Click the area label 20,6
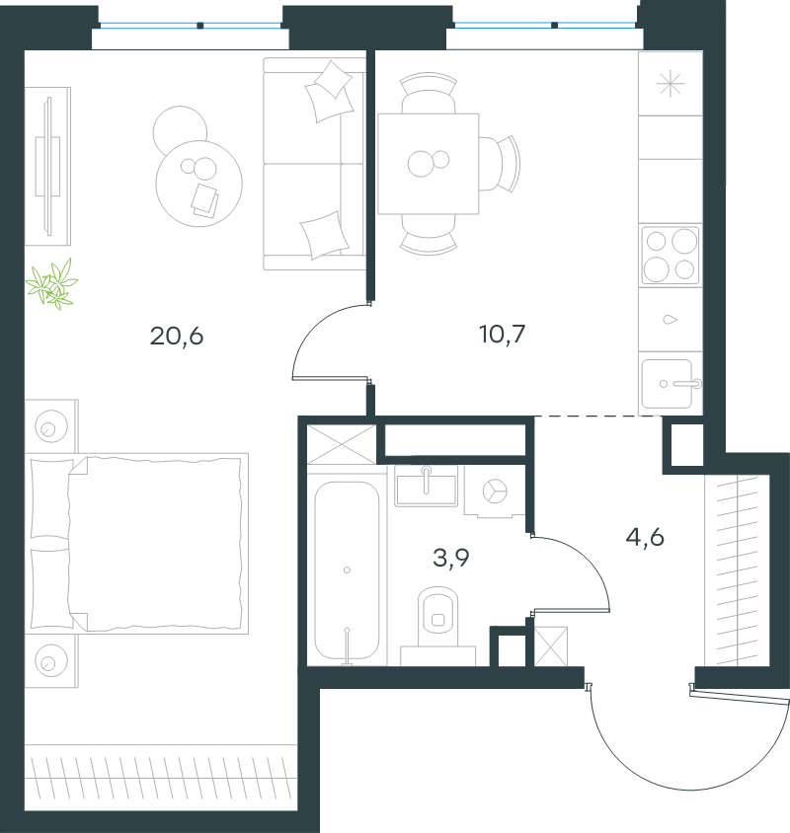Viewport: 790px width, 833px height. click(177, 337)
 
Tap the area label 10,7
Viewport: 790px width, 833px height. click(502, 335)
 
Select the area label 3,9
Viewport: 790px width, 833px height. click(451, 558)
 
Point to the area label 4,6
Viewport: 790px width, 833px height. click(645, 538)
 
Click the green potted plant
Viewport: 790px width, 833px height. click(52, 284)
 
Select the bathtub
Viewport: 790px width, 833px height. click(347, 570)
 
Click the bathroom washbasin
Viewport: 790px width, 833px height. click(426, 486)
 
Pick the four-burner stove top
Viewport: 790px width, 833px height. click(670, 256)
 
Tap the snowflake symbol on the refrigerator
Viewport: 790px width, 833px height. click(671, 84)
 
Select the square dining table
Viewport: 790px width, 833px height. click(428, 164)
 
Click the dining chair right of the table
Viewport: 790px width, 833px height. click(500, 163)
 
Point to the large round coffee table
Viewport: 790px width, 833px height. click(198, 184)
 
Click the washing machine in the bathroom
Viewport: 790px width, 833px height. click(495, 491)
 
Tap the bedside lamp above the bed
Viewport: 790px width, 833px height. click(51, 426)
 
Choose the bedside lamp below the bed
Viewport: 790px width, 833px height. click(51, 661)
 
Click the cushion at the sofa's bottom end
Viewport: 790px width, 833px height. click(324, 235)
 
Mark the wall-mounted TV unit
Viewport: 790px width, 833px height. click(47, 166)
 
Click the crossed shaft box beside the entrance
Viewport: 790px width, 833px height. click(551, 646)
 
